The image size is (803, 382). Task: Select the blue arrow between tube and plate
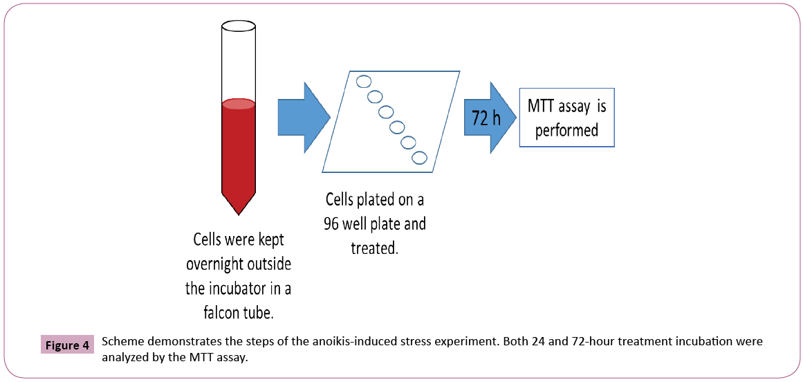click(x=303, y=116)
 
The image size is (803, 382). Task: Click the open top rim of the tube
click(x=238, y=26)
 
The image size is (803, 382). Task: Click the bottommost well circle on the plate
click(x=419, y=158)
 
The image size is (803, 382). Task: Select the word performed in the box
click(x=566, y=131)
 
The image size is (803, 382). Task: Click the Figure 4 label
click(x=67, y=345)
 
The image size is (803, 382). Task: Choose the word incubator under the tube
click(x=253, y=287)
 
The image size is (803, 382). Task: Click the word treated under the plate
click(x=375, y=248)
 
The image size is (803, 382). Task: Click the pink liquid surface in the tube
click(x=238, y=104)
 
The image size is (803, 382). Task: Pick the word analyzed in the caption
click(x=127, y=358)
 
